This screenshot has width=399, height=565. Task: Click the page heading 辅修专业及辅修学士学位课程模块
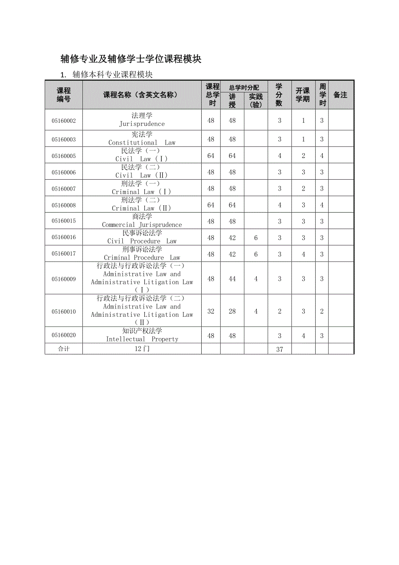pyautogui.click(x=131, y=59)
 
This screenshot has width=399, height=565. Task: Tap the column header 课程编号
pyautogui.click(x=63, y=95)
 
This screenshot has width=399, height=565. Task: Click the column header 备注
pyautogui.click(x=340, y=95)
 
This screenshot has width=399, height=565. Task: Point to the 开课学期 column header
pyautogui.click(x=303, y=95)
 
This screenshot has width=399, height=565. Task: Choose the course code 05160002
pyautogui.click(x=63, y=121)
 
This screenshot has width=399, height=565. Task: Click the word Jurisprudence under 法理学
pyautogui.click(x=142, y=124)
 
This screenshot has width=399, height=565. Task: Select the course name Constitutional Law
pyautogui.click(x=142, y=143)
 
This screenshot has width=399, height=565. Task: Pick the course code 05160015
pyautogui.click(x=63, y=221)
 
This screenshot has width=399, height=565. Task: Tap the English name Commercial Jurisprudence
pyautogui.click(x=142, y=225)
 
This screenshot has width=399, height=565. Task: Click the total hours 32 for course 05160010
pyautogui.click(x=211, y=311)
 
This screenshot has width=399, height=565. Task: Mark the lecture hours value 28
pyautogui.click(x=232, y=311)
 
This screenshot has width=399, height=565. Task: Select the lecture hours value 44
pyautogui.click(x=232, y=279)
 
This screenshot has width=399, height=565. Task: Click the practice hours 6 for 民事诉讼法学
pyautogui.click(x=256, y=238)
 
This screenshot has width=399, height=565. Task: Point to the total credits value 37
pyautogui.click(x=279, y=349)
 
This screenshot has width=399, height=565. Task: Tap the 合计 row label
pyautogui.click(x=63, y=349)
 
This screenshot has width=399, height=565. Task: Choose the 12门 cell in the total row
pyautogui.click(x=142, y=349)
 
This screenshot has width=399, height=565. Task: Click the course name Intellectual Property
pyautogui.click(x=142, y=339)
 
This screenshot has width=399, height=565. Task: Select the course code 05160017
pyautogui.click(x=63, y=254)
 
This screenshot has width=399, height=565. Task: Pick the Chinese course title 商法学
pyautogui.click(x=142, y=217)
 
